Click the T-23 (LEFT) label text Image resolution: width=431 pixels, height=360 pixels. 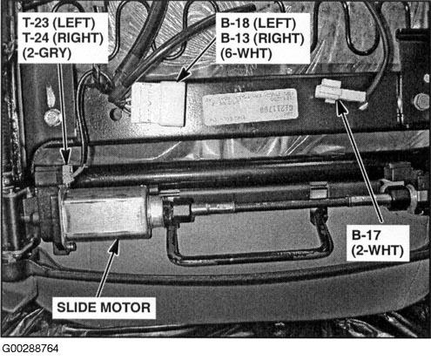(x=59, y=23)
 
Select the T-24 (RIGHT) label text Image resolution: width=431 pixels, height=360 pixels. (x=64, y=38)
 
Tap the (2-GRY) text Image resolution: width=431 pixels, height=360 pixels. (x=47, y=53)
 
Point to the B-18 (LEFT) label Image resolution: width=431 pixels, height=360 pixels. (x=259, y=24)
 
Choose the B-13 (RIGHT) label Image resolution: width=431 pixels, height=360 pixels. (x=262, y=38)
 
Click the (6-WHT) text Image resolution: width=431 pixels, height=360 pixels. (x=246, y=53)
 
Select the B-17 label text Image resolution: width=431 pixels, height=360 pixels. (x=366, y=234)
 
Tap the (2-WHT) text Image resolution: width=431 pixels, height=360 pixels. (x=377, y=250)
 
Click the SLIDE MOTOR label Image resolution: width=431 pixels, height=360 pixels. (x=104, y=308)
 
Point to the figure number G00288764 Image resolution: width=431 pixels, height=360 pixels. (x=30, y=349)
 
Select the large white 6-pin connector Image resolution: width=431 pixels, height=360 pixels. (x=158, y=104)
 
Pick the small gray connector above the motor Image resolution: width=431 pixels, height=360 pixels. (x=67, y=173)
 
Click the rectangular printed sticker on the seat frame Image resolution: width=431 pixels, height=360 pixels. (x=250, y=107)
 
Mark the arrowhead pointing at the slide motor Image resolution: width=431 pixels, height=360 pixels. (x=114, y=247)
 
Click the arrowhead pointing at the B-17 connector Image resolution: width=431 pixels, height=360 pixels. (x=341, y=106)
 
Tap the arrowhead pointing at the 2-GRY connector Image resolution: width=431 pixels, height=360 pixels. (x=65, y=156)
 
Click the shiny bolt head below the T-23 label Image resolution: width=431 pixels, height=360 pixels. (x=51, y=118)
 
